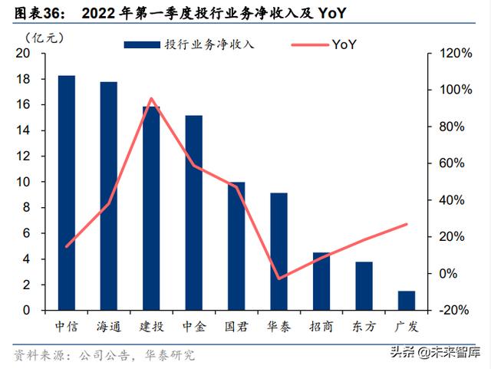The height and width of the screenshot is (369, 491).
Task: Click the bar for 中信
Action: click(x=67, y=193)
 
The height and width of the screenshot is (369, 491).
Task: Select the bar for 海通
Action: click(x=109, y=196)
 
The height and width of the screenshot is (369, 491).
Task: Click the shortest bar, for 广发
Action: click(x=407, y=301)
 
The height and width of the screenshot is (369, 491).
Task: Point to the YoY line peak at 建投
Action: click(x=151, y=98)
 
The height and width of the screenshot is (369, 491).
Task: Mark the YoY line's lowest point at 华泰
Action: click(x=279, y=278)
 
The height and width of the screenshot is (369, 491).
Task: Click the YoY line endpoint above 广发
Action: click(x=407, y=224)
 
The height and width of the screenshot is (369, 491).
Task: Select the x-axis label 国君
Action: click(x=236, y=326)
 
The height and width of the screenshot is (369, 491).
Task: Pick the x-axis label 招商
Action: click(x=321, y=326)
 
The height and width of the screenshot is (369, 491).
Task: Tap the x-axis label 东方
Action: click(x=364, y=326)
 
